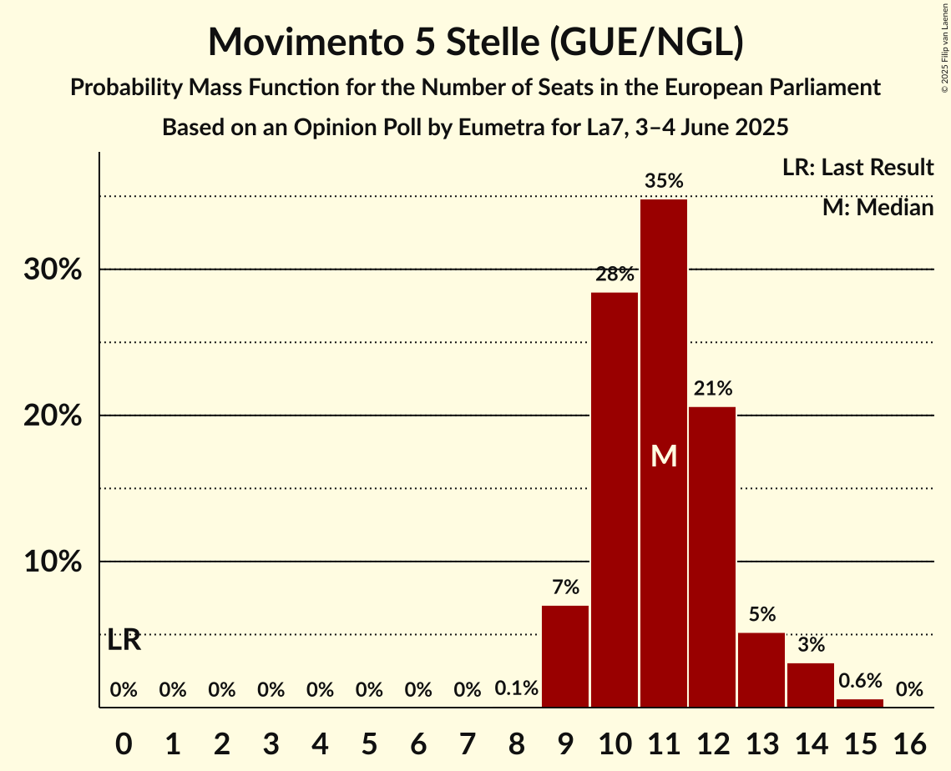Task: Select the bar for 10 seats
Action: point(615,500)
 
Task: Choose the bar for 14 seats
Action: point(811,685)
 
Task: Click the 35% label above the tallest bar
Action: point(664,180)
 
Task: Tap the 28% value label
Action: point(615,274)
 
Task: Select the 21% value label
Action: point(712,388)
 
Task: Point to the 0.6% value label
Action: point(860,681)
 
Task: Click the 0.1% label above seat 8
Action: point(516,690)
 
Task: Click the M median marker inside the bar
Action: point(664,456)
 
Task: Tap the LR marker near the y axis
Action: point(124,641)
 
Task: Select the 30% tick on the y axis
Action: point(58,270)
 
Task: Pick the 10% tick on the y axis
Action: point(58,562)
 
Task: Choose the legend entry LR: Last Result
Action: point(857,168)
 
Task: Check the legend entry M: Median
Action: point(878,208)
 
